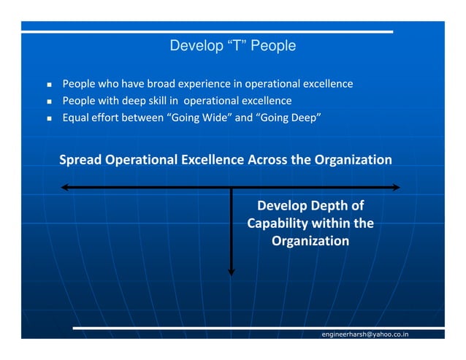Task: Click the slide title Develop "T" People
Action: pos(232,46)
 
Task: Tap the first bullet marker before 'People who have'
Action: pos(49,85)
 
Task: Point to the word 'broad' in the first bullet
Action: pos(161,84)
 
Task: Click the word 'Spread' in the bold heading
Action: pos(81,160)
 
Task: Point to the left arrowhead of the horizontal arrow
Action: pos(66,188)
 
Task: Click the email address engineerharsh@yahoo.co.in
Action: pos(365,334)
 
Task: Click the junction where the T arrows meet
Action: pos(232,188)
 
